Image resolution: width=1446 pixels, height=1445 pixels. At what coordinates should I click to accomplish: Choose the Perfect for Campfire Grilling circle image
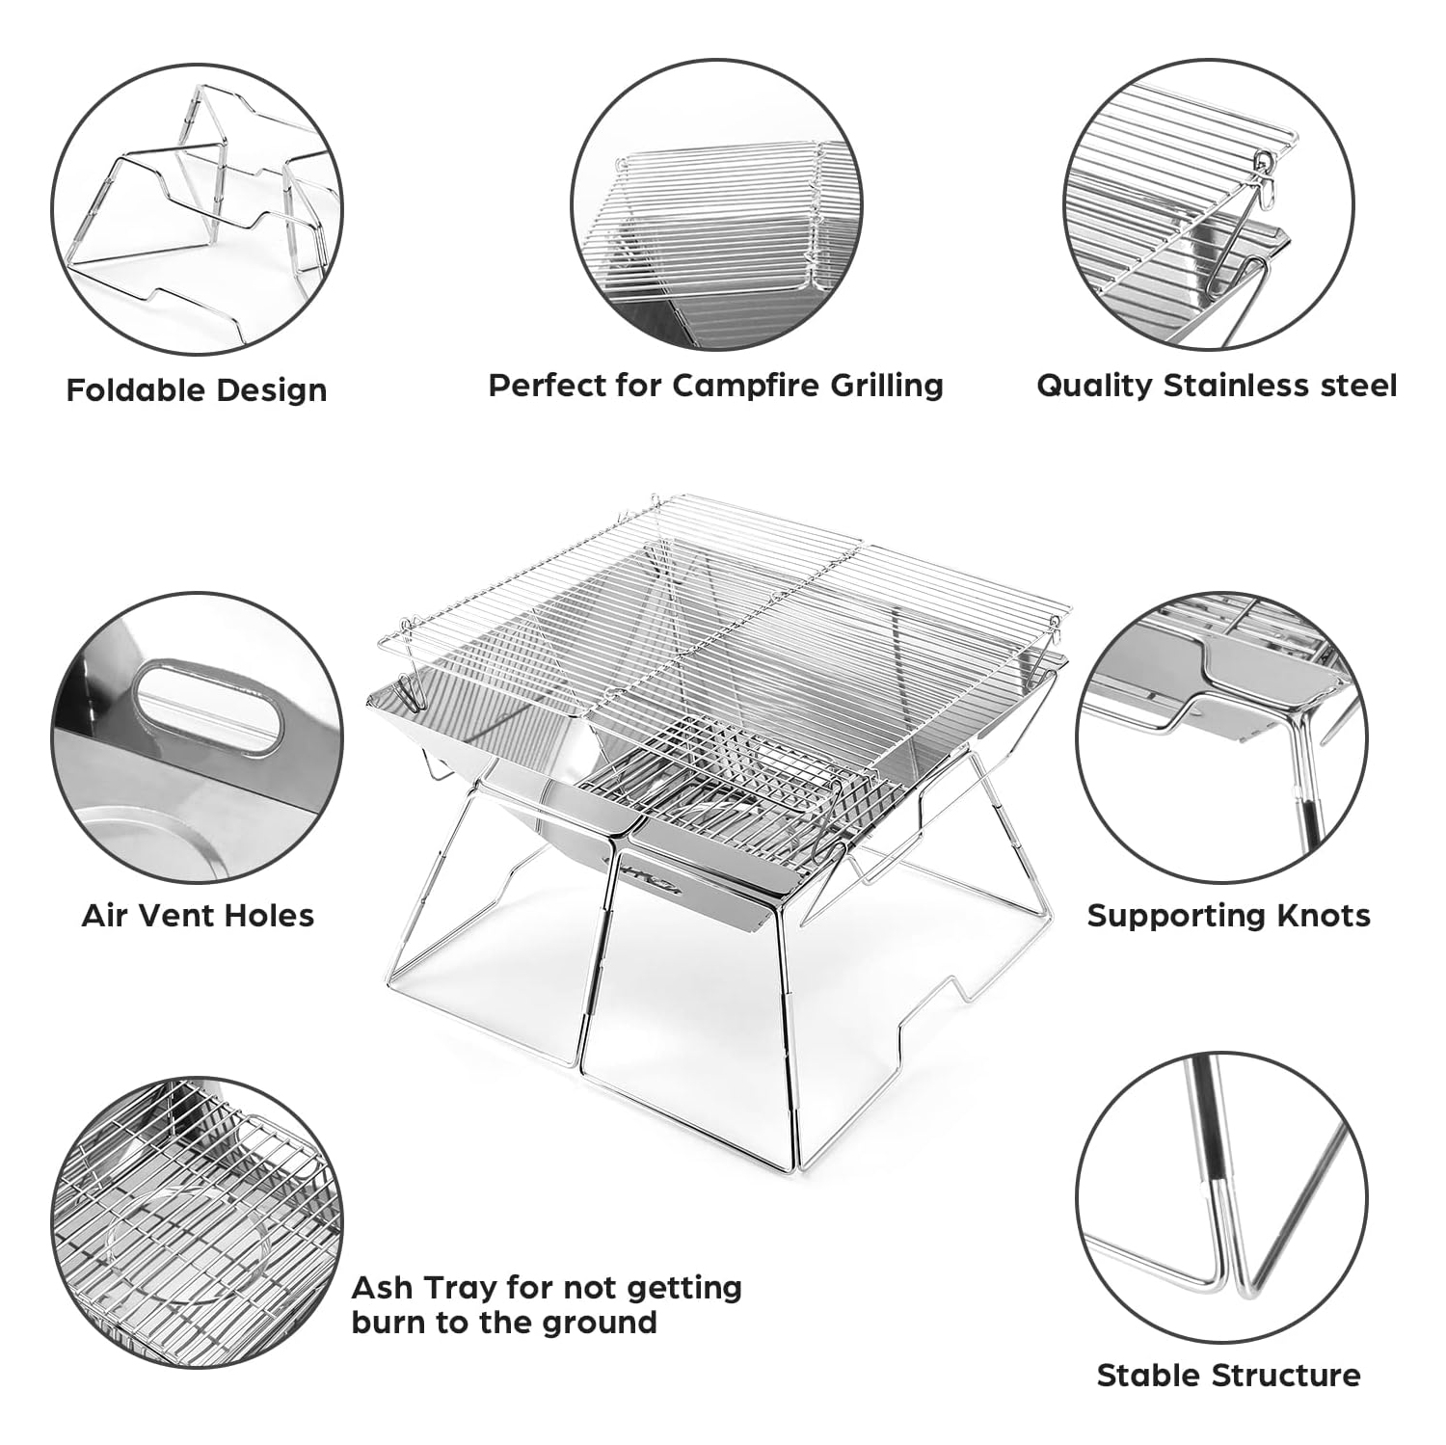(x=716, y=204)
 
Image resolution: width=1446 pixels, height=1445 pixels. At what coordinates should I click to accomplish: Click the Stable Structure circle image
(x=1221, y=1198)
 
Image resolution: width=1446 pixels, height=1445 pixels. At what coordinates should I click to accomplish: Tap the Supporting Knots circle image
(x=1221, y=737)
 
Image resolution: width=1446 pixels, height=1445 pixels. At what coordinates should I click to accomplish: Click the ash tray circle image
(x=197, y=1222)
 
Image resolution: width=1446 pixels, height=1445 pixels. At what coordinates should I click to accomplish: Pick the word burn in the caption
(x=389, y=1324)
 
